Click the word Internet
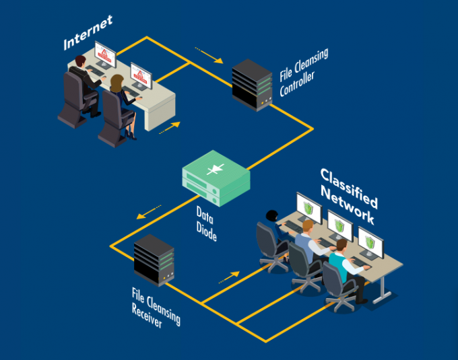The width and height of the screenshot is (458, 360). pyautogui.click(x=88, y=33)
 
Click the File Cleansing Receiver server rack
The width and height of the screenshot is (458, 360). pyautogui.click(x=154, y=260)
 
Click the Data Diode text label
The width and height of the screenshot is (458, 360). pyautogui.click(x=206, y=224)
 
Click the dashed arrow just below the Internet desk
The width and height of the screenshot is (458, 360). pyautogui.click(x=170, y=127)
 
